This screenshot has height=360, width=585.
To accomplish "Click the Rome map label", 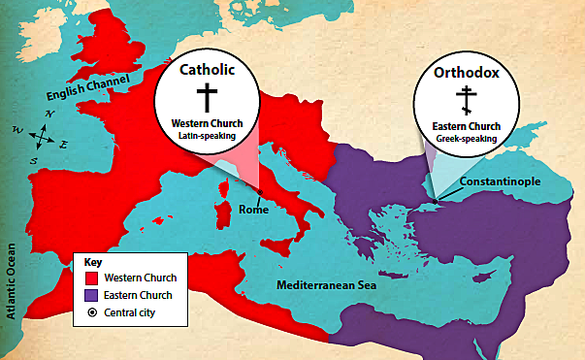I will [x=253, y=210].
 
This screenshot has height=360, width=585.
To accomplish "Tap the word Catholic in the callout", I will [x=206, y=70].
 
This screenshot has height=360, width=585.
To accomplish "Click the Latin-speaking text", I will [x=206, y=137].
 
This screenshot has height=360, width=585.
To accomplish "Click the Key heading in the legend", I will [x=92, y=262].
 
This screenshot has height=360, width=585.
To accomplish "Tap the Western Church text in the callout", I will [x=206, y=124].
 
